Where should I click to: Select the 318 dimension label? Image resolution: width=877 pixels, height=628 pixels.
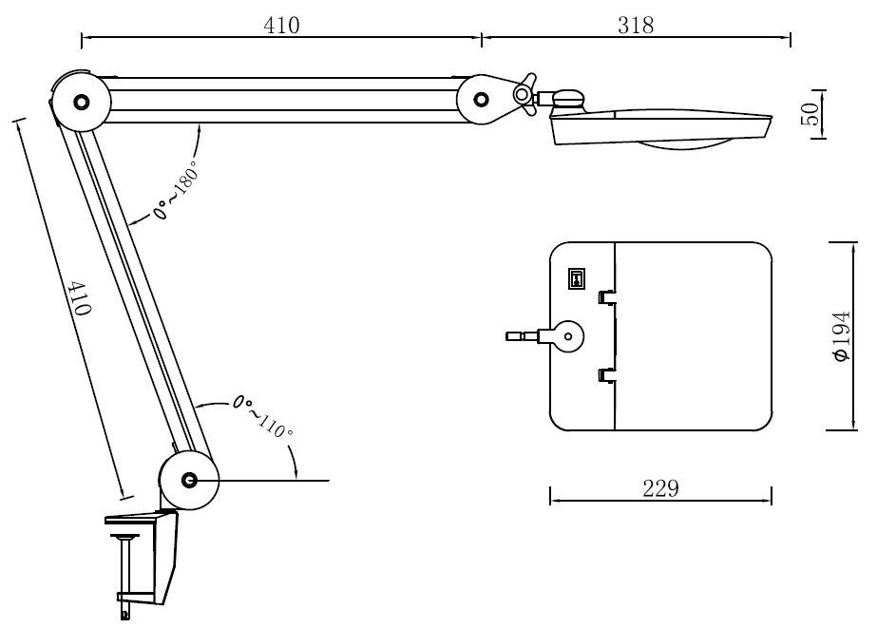(x=636, y=26)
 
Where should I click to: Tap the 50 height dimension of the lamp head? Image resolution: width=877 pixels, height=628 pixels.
(x=810, y=114)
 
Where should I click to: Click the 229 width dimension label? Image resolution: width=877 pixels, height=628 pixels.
(x=660, y=488)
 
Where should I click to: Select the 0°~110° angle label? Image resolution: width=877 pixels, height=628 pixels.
(x=263, y=416)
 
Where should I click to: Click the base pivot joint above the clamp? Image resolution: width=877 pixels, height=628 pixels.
(x=188, y=480)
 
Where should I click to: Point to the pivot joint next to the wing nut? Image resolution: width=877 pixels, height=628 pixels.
(x=483, y=98)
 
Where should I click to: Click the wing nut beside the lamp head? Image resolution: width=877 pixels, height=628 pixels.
(x=524, y=93)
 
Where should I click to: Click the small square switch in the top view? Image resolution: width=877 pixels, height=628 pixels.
(x=576, y=277)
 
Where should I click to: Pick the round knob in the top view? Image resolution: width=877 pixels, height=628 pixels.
(x=568, y=334)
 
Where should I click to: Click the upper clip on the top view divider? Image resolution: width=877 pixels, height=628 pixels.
(x=604, y=297)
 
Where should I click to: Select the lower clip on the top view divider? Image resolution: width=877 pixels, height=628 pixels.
(x=604, y=376)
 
